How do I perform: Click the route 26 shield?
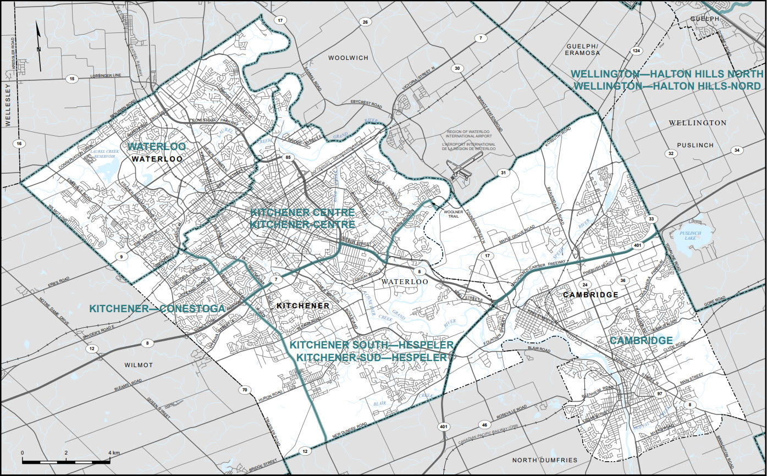pyautogui.click(x=365, y=22)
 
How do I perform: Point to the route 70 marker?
pyautogui.click(x=245, y=390)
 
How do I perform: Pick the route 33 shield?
pyautogui.click(x=652, y=219)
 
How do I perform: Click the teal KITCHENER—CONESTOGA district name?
pyautogui.click(x=157, y=308)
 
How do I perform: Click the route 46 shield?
pyautogui.click(x=484, y=425)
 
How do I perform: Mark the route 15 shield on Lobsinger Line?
pyautogui.click(x=71, y=79)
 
